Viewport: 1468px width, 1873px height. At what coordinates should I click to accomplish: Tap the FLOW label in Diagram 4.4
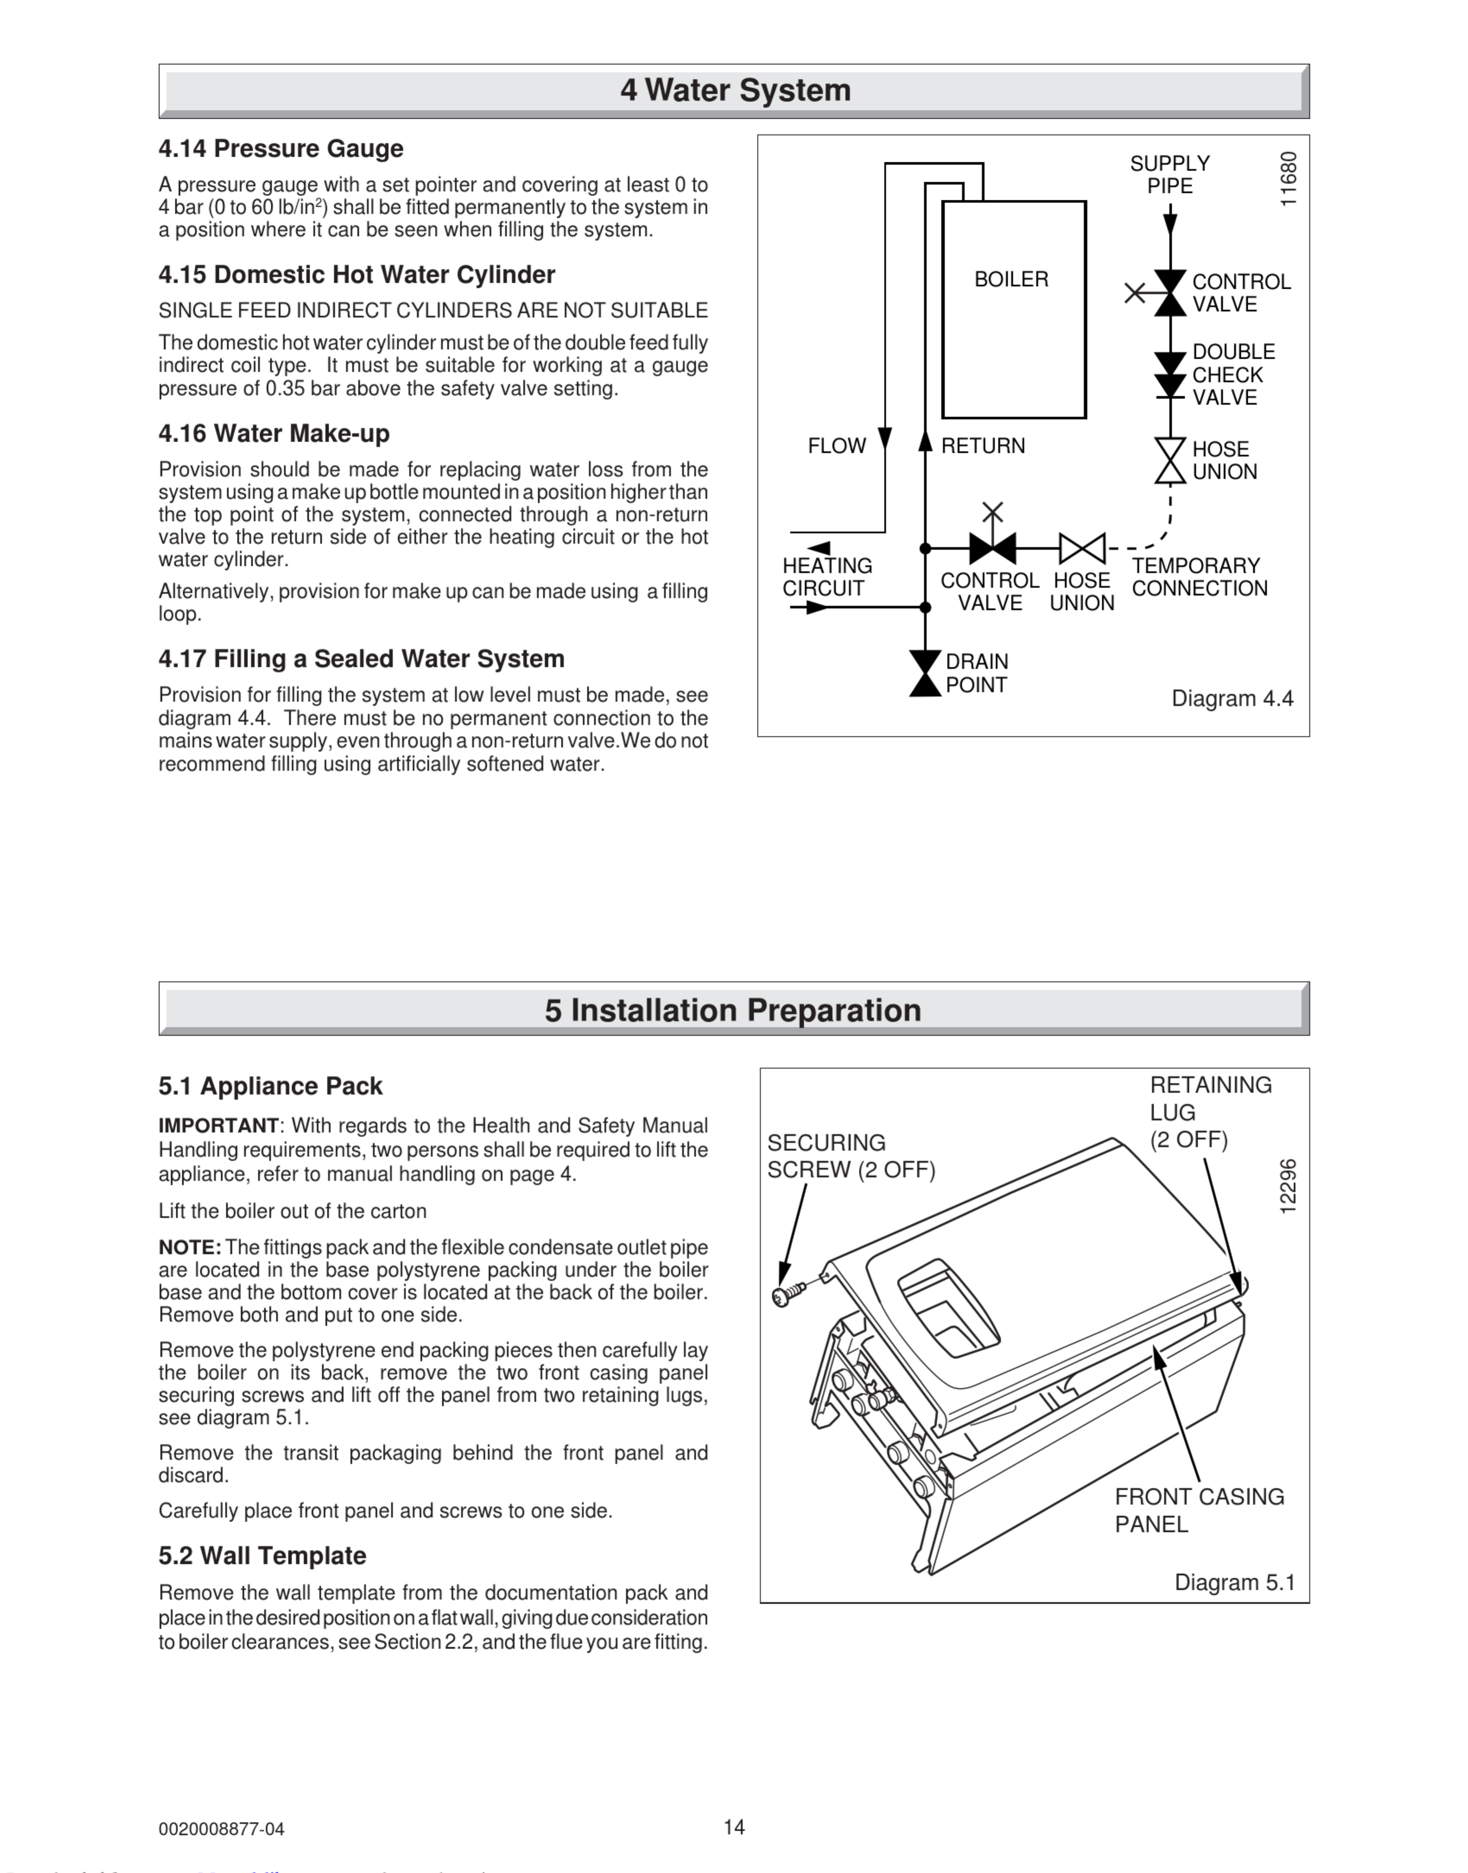pos(836,446)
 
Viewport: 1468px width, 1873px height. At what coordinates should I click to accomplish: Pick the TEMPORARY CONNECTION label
pos(1199,577)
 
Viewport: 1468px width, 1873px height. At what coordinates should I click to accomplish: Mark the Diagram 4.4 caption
pos(1232,699)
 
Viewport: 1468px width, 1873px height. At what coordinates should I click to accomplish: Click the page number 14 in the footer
pos(734,1827)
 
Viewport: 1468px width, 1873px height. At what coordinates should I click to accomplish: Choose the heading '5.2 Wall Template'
pos(262,1556)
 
